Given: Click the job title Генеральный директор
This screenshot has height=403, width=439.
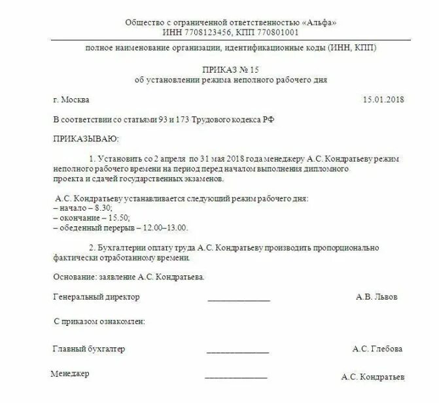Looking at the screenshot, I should (x=96, y=297).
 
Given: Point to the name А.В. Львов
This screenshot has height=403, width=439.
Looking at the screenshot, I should (x=376, y=297).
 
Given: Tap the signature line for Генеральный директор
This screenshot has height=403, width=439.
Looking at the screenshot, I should (x=239, y=300).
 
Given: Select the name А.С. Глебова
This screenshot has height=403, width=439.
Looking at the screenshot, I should (x=377, y=349).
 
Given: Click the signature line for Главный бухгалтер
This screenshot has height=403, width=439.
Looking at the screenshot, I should (x=237, y=353).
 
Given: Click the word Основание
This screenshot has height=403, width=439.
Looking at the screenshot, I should (x=73, y=277).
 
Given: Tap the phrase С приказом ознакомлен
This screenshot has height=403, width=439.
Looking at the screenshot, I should (x=99, y=322).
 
